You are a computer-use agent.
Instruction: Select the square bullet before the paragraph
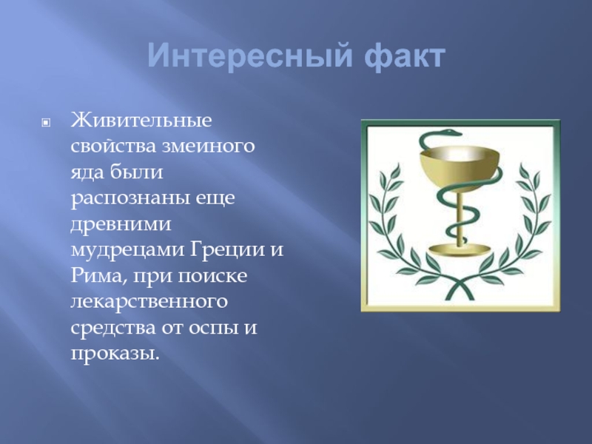coord(46,122)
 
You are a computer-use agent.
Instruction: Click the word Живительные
coord(141,120)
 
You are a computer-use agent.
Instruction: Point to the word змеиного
coord(209,146)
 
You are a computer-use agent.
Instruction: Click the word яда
coord(88,172)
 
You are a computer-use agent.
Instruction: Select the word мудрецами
coord(127,251)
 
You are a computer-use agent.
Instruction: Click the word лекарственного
coord(149,302)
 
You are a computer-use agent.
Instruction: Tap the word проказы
coord(113,354)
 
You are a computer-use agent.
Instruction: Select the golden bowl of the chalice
coord(460,169)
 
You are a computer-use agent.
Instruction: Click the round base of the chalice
coord(460,249)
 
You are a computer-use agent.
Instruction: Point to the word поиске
coord(212,276)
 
